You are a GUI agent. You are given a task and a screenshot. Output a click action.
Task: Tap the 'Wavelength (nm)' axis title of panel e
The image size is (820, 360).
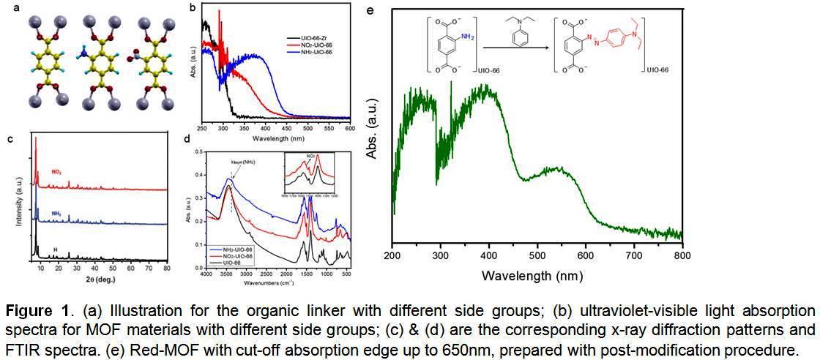(534, 277)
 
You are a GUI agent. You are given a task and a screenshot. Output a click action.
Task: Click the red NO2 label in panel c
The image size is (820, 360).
(56, 173)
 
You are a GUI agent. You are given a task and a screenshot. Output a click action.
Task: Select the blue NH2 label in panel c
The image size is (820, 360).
(56, 213)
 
